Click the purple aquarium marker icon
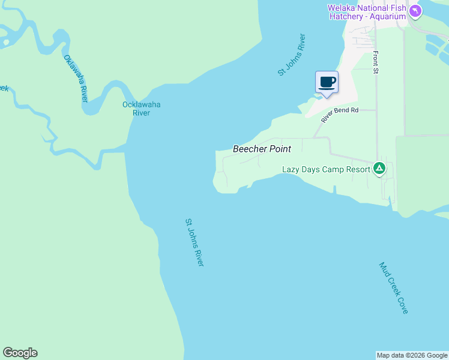[x=415, y=11]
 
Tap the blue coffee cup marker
[x=327, y=82]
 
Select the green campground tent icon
[x=379, y=169]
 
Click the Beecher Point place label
[x=262, y=149]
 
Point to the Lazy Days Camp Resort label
[x=326, y=170]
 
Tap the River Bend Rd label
[x=339, y=114]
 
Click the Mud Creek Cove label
[x=394, y=288]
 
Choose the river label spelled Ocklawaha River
[x=141, y=109]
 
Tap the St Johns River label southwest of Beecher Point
[x=194, y=242]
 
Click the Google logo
[x=20, y=353]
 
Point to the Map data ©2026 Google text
[x=412, y=355]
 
